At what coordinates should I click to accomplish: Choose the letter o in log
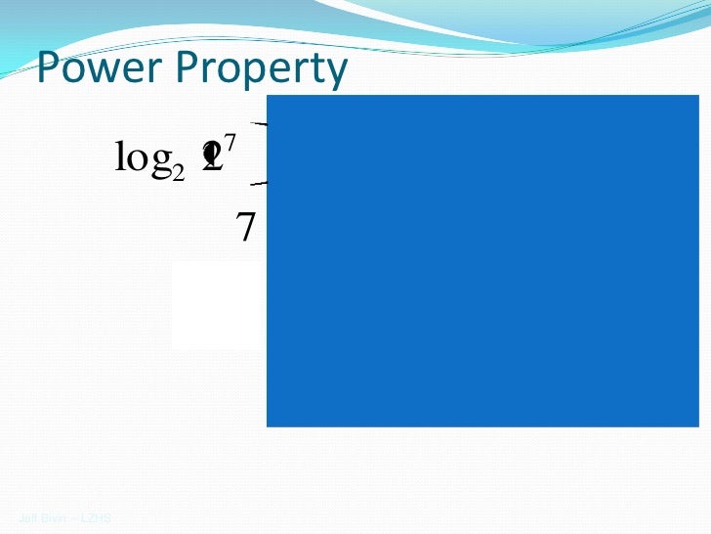click(x=135, y=160)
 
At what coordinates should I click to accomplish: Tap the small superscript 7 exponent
click(x=232, y=147)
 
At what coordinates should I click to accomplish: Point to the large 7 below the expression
click(x=247, y=228)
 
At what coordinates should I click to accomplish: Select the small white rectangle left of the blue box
click(x=219, y=305)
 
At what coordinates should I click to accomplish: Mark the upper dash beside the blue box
click(x=261, y=124)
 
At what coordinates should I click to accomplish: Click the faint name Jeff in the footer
click(x=27, y=517)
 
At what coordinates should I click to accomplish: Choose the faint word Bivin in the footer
click(x=53, y=517)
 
